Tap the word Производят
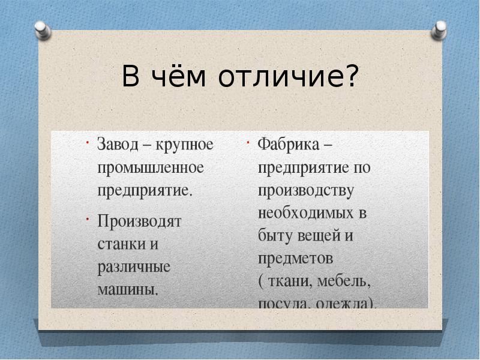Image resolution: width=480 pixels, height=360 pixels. pyautogui.click(x=140, y=221)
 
